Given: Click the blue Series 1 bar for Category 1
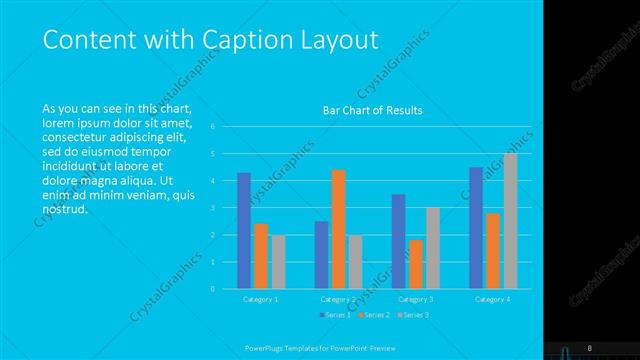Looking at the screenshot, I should pyautogui.click(x=244, y=231).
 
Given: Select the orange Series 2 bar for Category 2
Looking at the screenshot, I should pyautogui.click(x=338, y=229).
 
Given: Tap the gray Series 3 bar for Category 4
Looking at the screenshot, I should pyautogui.click(x=510, y=221).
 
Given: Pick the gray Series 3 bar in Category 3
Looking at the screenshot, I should pyautogui.click(x=432, y=248).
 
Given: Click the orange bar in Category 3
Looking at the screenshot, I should pyautogui.click(x=415, y=264).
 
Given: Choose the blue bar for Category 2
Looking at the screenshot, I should pyautogui.click(x=321, y=255).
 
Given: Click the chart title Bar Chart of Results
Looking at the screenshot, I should pyautogui.click(x=372, y=110).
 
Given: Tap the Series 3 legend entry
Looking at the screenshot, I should pyautogui.click(x=415, y=315).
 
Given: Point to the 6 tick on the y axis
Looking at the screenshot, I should pyautogui.click(x=213, y=127).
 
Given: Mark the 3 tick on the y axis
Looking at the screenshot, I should pyautogui.click(x=213, y=208).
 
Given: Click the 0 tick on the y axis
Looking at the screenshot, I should pyautogui.click(x=213, y=289).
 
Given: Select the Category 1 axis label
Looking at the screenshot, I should pyautogui.click(x=261, y=299).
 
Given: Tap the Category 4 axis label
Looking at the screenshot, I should pyautogui.click(x=492, y=299).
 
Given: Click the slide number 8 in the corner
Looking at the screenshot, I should pyautogui.click(x=590, y=347).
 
